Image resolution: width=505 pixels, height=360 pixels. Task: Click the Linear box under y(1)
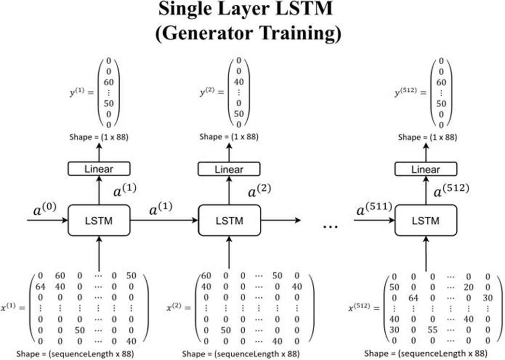point(99,168)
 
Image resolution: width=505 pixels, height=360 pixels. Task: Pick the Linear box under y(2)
point(229,168)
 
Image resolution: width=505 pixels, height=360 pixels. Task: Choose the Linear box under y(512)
point(425,168)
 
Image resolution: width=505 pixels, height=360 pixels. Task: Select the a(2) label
point(258,192)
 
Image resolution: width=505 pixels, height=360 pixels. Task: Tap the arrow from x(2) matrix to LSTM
point(229,253)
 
